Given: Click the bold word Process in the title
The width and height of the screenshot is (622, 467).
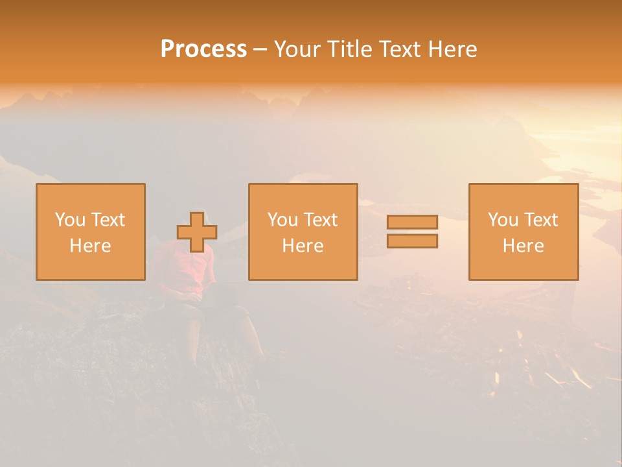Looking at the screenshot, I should (x=203, y=49).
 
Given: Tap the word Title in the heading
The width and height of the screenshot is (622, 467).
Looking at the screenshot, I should (x=350, y=49).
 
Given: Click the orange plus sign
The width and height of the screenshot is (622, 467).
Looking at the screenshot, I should (x=197, y=232).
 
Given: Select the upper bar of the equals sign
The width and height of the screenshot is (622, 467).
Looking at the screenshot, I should (x=412, y=222).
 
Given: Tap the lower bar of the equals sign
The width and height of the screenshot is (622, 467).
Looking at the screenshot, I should (x=412, y=241).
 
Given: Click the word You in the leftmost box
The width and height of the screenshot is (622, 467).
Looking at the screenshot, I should (x=70, y=220).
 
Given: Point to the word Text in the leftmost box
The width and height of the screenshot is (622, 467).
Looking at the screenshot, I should (x=108, y=220).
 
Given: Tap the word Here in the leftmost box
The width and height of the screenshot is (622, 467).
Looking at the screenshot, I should (x=91, y=246).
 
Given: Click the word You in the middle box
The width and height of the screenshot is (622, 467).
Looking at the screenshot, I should (x=282, y=220).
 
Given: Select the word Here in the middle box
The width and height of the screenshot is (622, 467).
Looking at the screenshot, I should (x=303, y=246).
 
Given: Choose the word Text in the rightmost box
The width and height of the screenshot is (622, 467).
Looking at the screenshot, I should (x=540, y=220).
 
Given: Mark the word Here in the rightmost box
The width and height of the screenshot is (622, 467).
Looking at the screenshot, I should (x=524, y=246).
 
